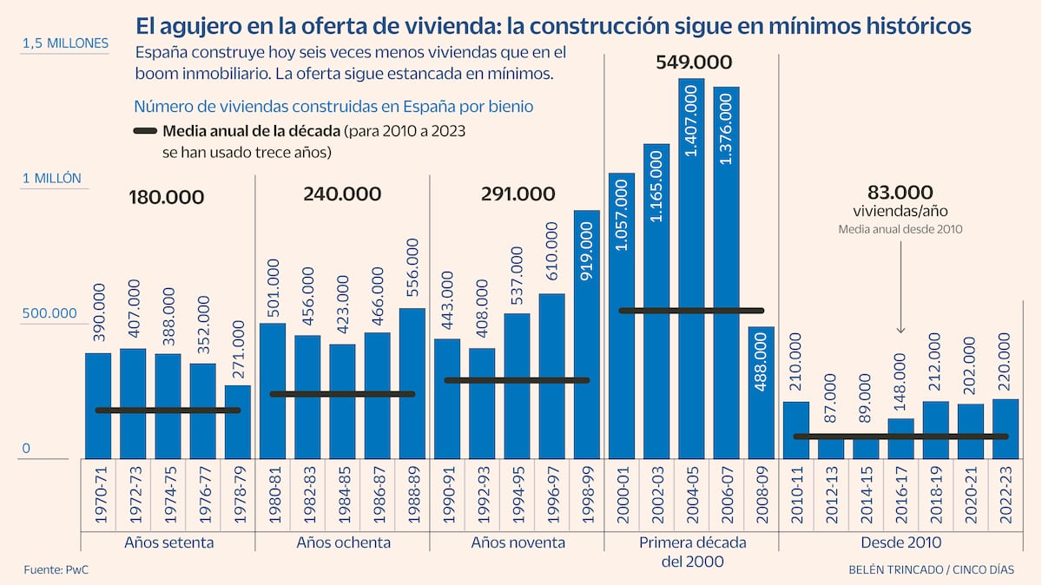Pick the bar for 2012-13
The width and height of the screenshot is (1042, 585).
(x=831, y=448)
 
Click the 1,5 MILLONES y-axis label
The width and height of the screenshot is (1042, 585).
(x=66, y=43)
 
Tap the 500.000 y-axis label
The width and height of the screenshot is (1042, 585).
(x=50, y=313)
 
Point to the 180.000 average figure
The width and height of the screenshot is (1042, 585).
(x=166, y=197)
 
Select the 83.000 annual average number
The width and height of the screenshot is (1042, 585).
(x=900, y=192)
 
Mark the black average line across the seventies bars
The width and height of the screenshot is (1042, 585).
(x=168, y=411)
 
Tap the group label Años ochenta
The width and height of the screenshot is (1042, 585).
(x=343, y=542)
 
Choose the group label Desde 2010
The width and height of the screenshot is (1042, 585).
(x=900, y=542)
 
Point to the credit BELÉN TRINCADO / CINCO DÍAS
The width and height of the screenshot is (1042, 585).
(x=931, y=569)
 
